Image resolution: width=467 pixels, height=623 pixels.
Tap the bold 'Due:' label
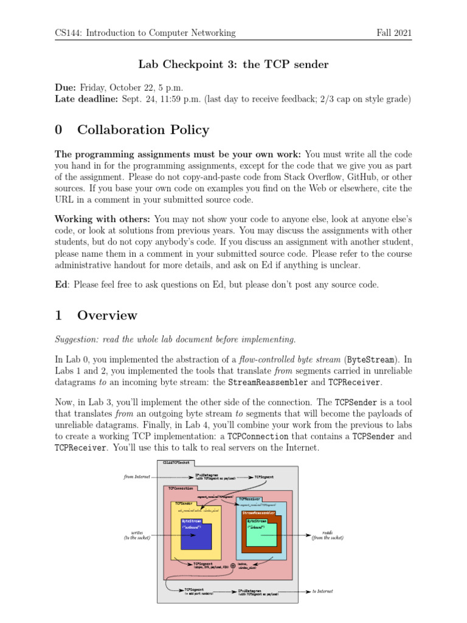66,88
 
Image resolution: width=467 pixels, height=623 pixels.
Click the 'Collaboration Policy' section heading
143,130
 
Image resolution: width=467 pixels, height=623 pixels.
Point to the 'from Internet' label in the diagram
137,477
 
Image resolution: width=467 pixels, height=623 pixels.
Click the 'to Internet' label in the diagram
322,591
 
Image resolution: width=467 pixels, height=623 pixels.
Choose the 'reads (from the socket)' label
327,535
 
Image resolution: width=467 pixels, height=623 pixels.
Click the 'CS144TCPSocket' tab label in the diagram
176,463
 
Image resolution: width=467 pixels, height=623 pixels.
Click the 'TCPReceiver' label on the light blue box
251,499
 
